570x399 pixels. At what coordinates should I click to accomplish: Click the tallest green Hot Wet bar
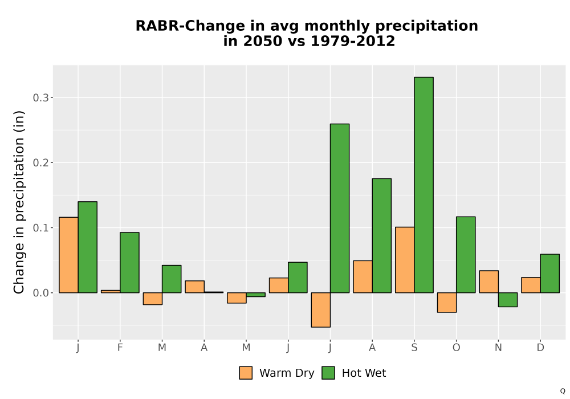(424, 185)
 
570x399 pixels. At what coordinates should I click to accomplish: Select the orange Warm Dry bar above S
(405, 260)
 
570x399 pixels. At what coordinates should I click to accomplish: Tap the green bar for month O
(466, 255)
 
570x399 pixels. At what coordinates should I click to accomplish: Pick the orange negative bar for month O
(447, 302)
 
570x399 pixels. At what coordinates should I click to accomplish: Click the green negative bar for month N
(508, 300)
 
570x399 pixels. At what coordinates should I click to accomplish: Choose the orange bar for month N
(489, 282)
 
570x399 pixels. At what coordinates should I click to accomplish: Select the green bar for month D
(549, 273)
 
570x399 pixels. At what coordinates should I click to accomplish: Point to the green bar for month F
(129, 262)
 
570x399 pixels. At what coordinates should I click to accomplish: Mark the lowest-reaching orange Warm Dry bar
(320, 310)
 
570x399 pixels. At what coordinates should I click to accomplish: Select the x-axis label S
(414, 348)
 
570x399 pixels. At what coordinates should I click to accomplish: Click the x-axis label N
(498, 348)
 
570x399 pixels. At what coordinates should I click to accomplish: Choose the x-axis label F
(120, 348)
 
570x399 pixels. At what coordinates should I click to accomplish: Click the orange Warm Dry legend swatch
(246, 373)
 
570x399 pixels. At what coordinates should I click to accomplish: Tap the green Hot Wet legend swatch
(328, 373)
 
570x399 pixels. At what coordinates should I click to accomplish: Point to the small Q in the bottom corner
(563, 391)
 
